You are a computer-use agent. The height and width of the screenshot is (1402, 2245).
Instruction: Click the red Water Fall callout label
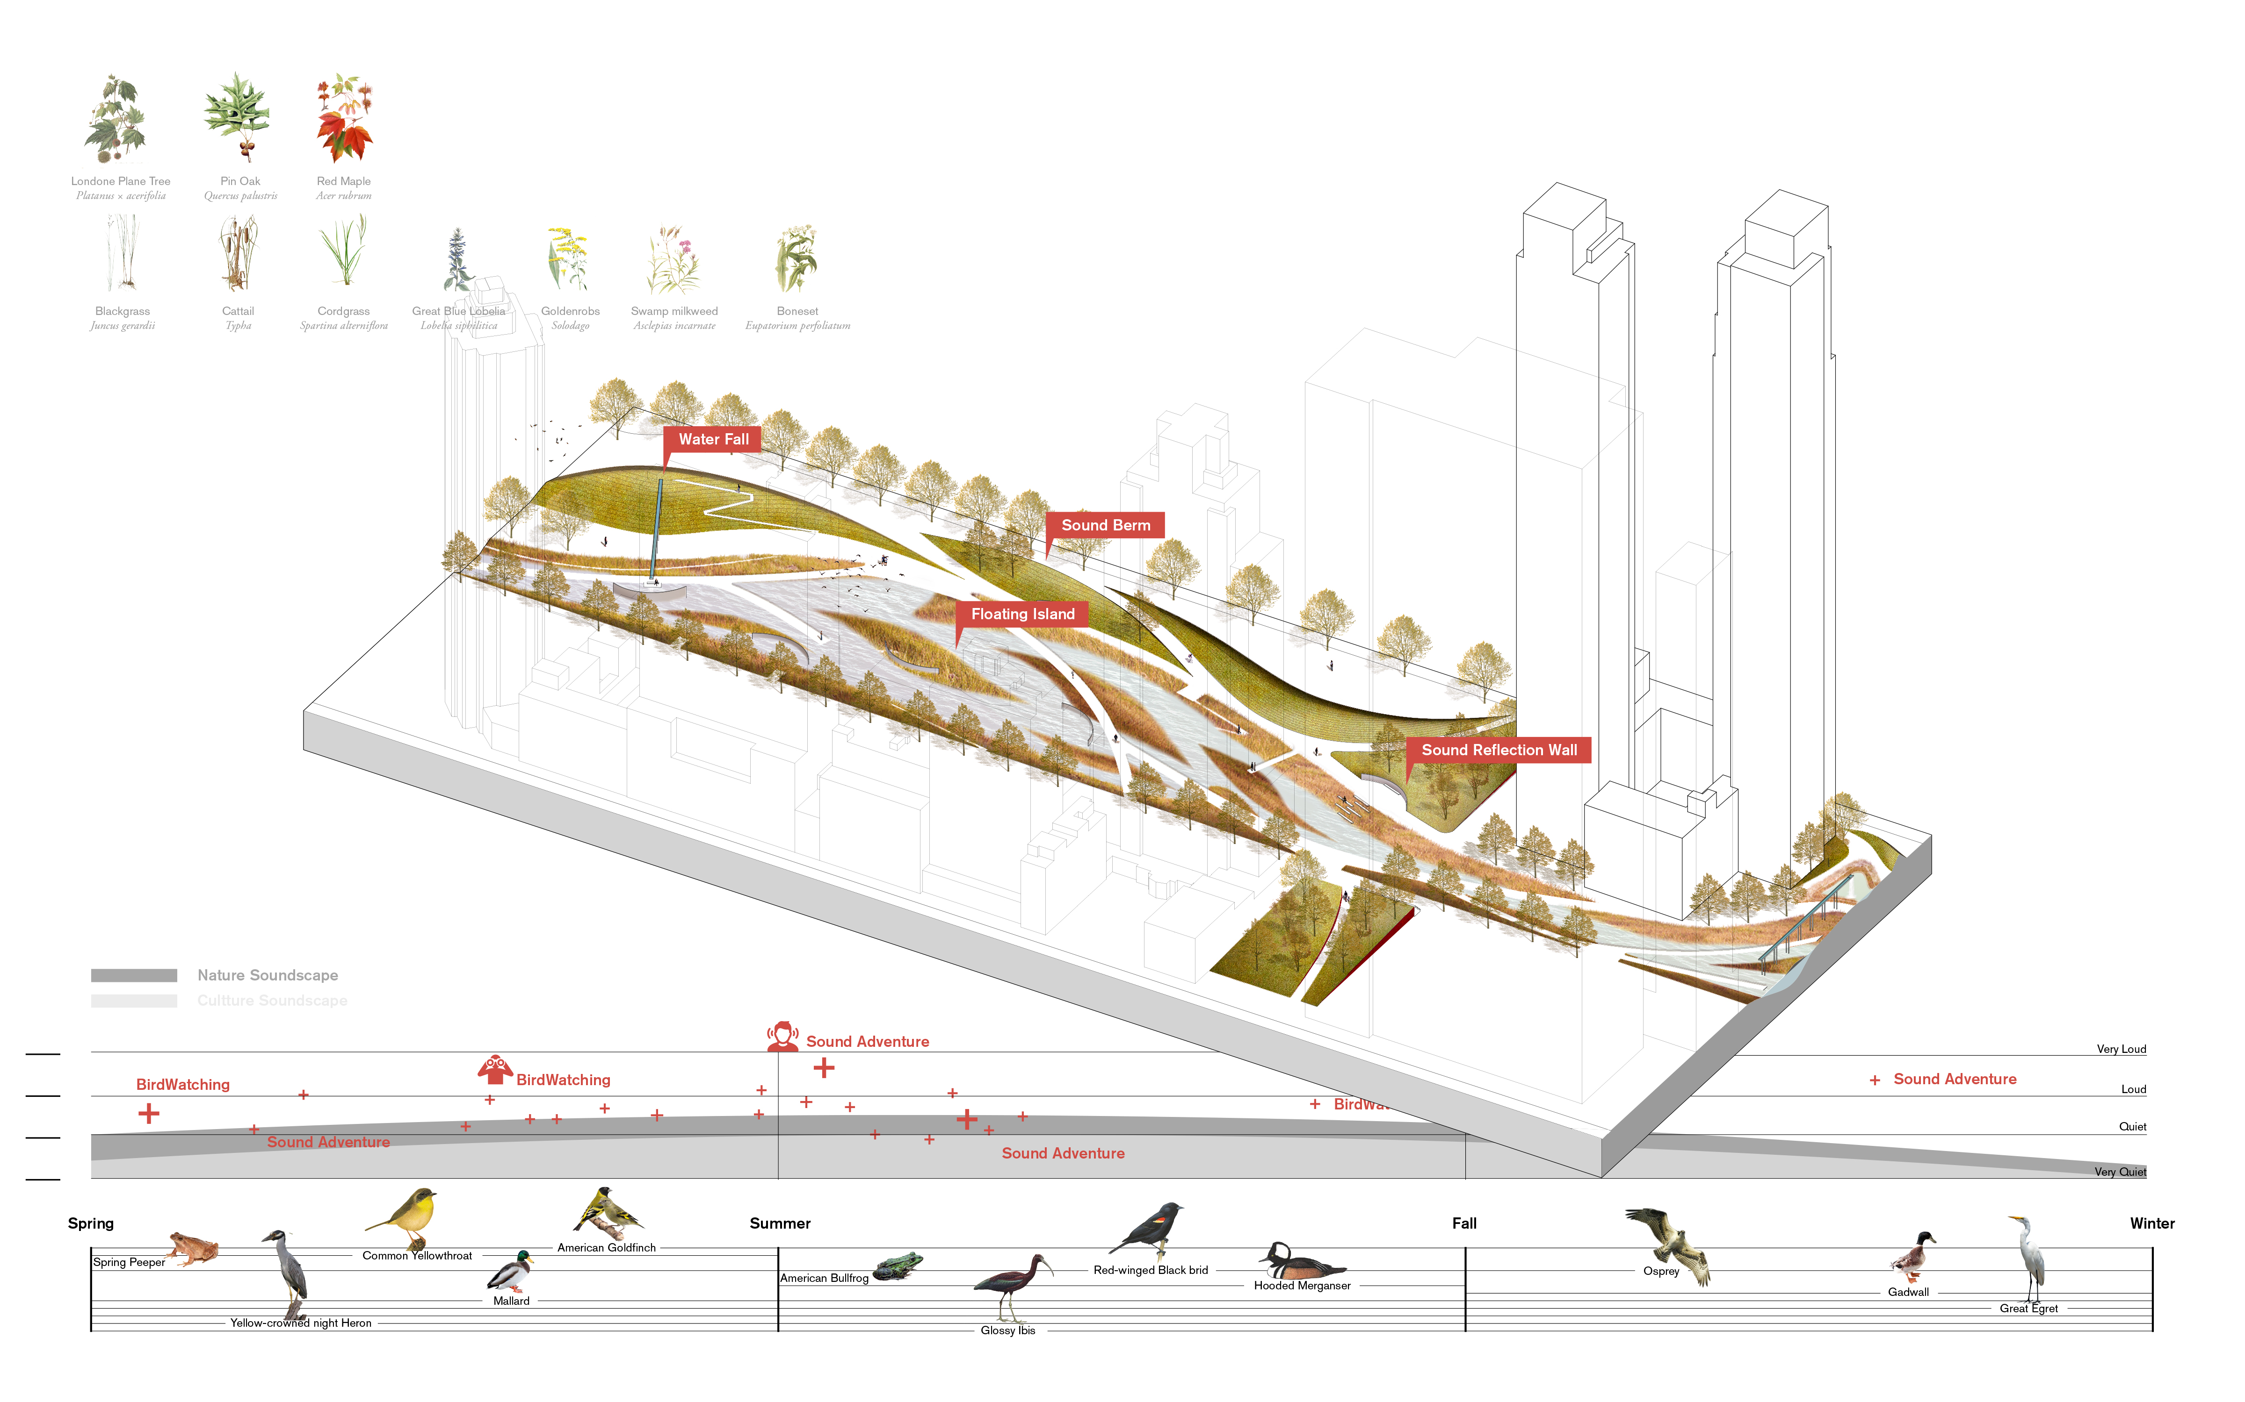coord(712,439)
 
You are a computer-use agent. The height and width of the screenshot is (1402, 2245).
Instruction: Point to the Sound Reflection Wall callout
coord(1498,750)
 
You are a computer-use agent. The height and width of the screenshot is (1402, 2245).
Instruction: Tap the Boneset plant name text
coord(797,312)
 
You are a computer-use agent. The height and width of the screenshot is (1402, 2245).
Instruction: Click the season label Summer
coord(779,1224)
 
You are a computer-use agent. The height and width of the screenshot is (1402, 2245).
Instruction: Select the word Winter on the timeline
coord(2151,1224)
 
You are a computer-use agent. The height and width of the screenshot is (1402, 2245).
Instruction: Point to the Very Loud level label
coord(2121,1050)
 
